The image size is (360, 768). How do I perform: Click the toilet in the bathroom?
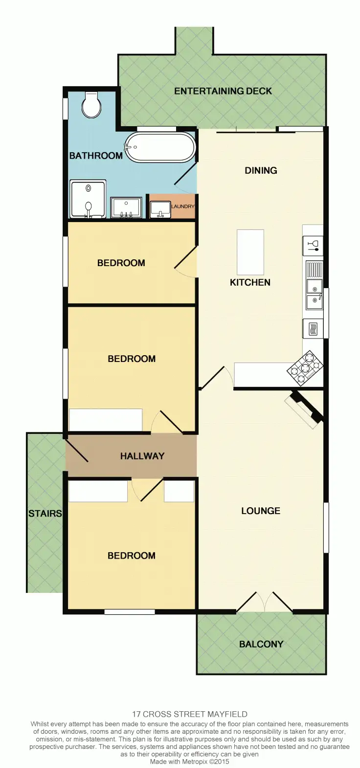(91, 105)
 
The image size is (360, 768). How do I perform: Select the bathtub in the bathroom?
(160, 147)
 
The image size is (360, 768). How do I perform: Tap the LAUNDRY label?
(183, 206)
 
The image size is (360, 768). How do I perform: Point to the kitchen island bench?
(250, 252)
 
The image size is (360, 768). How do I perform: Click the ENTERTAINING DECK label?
(223, 91)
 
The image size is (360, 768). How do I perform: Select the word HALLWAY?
(142, 456)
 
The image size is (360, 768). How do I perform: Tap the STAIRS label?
(45, 513)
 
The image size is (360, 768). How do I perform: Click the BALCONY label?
(261, 644)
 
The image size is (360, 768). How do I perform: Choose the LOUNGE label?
(260, 511)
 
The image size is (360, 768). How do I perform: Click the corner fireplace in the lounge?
(304, 409)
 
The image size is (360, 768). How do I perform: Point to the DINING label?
(261, 170)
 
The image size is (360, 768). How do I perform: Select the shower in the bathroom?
(88, 199)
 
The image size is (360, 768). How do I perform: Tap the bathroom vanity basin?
(126, 208)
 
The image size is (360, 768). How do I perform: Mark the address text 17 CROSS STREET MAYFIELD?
(189, 714)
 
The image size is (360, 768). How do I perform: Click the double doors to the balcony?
(264, 603)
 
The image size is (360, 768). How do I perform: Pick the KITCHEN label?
(250, 282)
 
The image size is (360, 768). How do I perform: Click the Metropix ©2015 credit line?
(189, 761)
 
